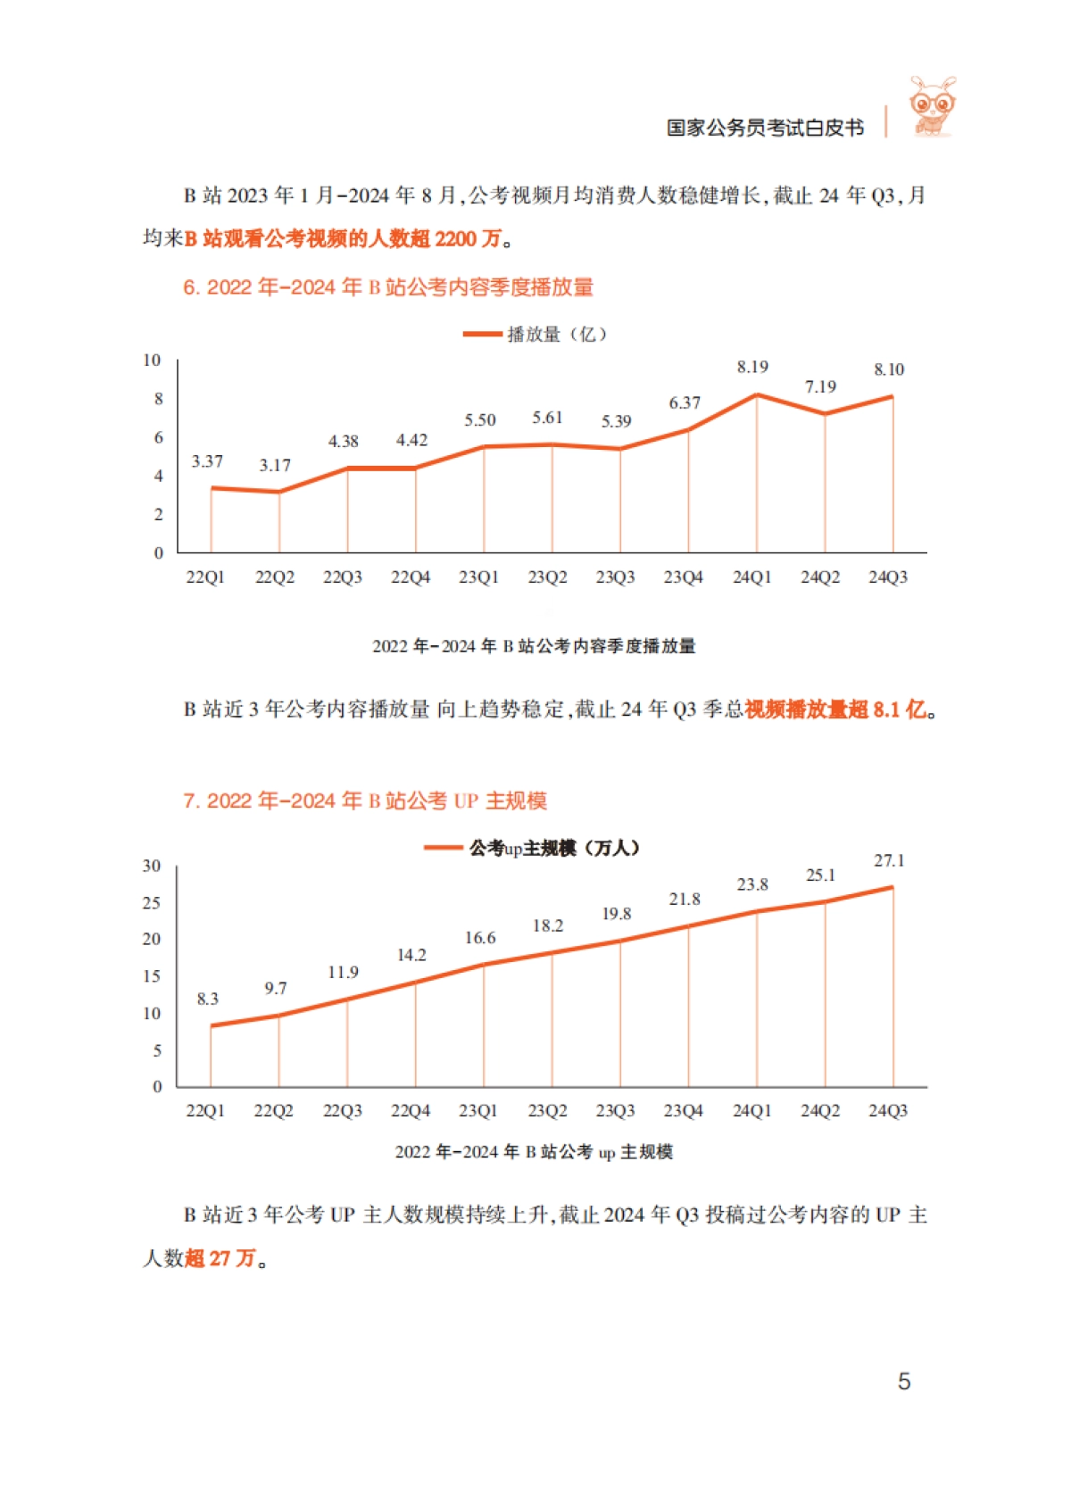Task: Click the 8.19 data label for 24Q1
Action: point(752,367)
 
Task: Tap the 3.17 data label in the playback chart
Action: point(275,465)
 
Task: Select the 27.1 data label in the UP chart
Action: point(889,860)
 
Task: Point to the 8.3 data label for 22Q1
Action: point(208,999)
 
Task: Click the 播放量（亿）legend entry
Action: point(535,335)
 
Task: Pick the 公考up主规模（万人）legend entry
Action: point(533,848)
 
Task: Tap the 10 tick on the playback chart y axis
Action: point(152,360)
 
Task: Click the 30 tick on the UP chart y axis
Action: point(152,866)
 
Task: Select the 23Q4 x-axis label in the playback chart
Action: point(684,577)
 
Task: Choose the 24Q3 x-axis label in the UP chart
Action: point(888,1111)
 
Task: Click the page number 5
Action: point(904,1381)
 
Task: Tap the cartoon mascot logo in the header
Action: point(932,107)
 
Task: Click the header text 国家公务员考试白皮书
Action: point(765,128)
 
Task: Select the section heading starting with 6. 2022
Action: point(388,287)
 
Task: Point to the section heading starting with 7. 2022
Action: point(365,800)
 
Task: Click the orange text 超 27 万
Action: point(220,1258)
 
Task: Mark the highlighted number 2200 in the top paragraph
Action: point(456,238)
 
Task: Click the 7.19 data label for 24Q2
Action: point(820,386)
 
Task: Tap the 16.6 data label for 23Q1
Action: point(480,938)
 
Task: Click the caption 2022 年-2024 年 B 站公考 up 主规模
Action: point(534,1152)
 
